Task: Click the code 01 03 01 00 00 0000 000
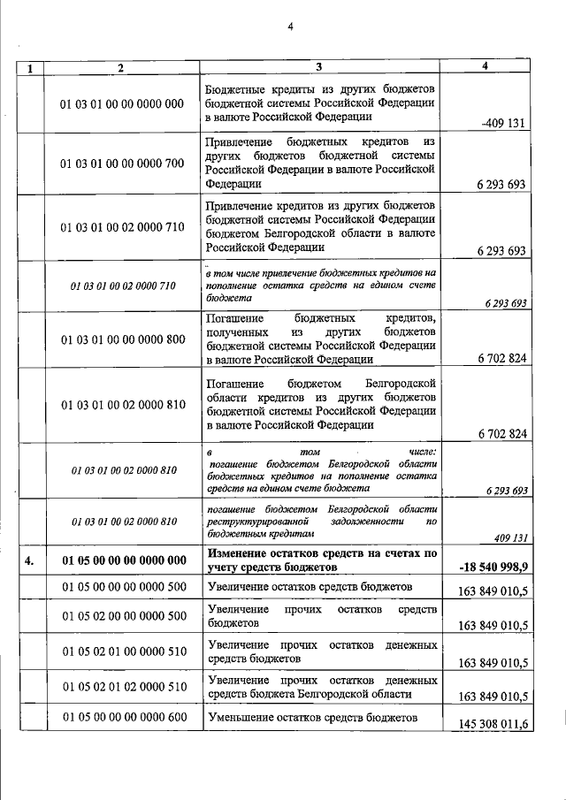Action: click(122, 103)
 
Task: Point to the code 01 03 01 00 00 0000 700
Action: click(122, 164)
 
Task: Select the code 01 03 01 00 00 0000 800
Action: click(122, 339)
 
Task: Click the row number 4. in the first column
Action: click(31, 560)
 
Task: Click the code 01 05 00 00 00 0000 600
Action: click(122, 717)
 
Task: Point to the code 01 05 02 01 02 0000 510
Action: click(122, 687)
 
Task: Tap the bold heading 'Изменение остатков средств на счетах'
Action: click(322, 552)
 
